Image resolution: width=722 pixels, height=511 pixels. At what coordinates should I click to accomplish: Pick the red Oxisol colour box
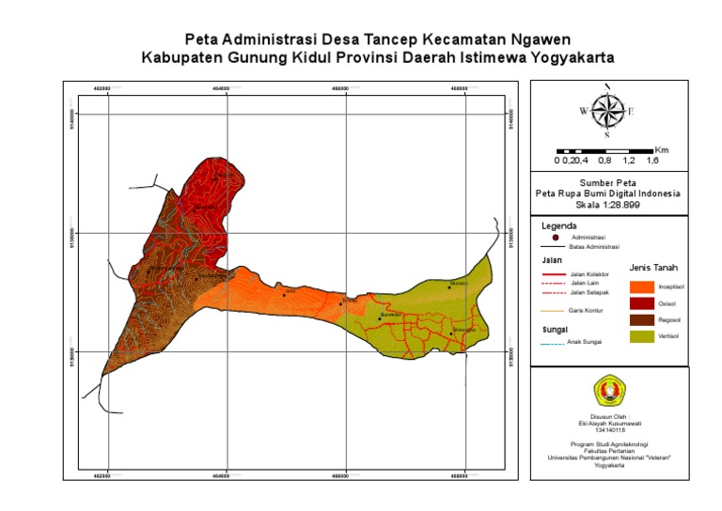tap(642, 303)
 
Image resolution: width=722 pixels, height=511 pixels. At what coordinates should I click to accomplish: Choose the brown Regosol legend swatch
tap(642, 320)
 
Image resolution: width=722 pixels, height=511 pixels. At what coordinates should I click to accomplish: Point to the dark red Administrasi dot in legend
tap(556, 237)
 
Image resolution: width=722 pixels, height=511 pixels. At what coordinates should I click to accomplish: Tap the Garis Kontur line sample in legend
tap(554, 309)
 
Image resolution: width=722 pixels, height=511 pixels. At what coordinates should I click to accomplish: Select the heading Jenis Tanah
tap(653, 268)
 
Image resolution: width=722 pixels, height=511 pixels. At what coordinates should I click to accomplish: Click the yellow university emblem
tap(607, 390)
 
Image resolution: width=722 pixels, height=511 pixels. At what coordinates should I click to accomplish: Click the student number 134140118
tap(607, 429)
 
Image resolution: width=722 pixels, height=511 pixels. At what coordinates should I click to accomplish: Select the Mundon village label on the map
tap(459, 283)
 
